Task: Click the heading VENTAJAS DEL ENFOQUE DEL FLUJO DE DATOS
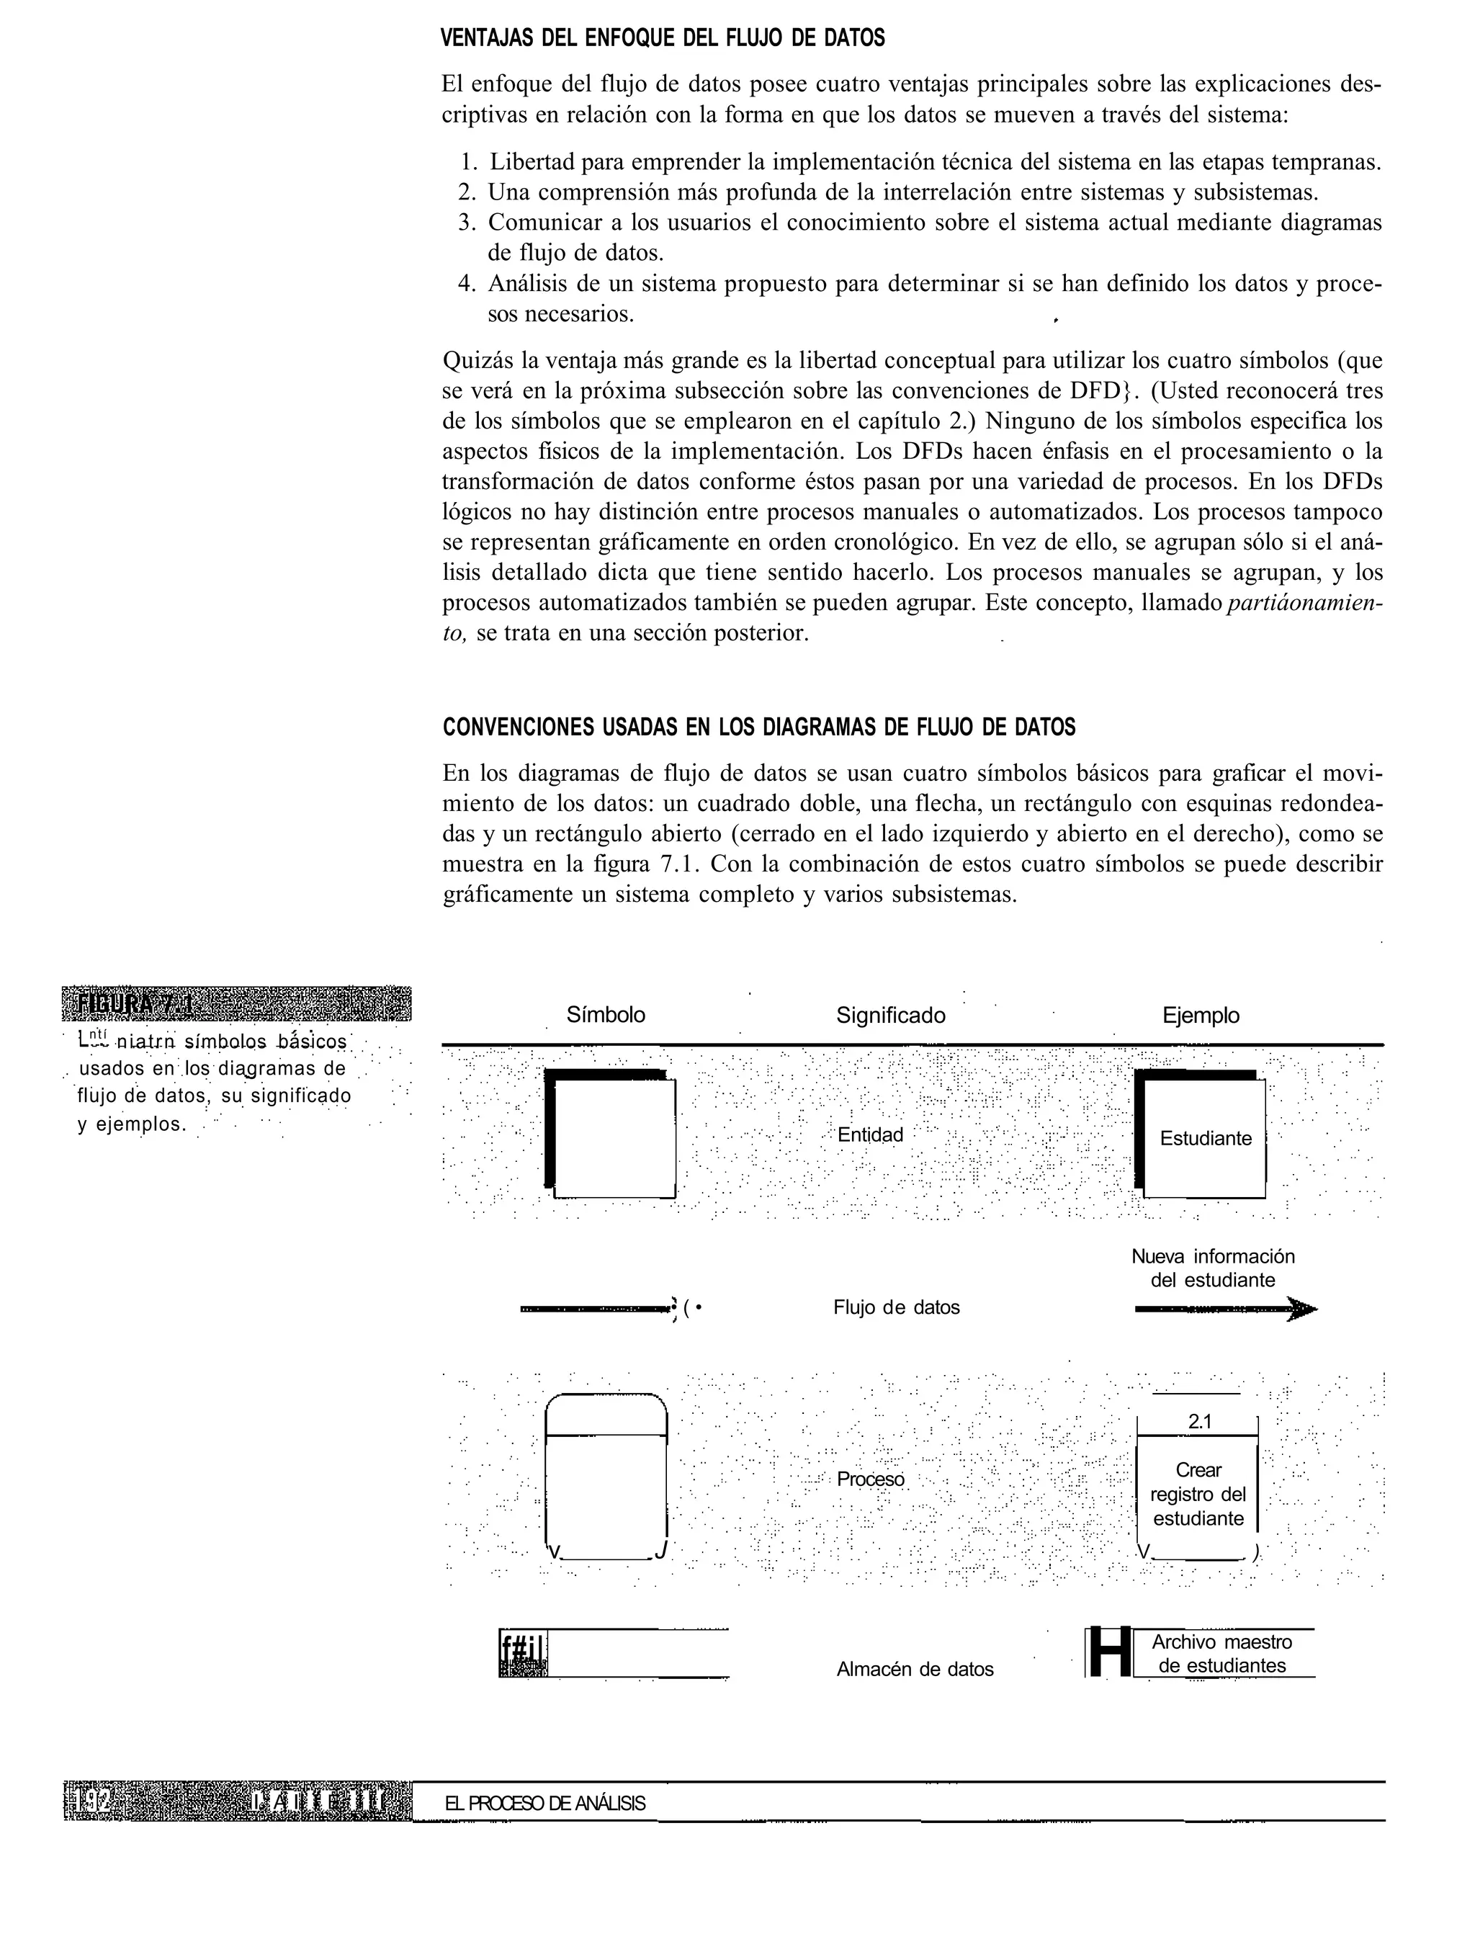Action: pos(662,39)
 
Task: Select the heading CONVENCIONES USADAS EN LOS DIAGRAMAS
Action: pos(758,727)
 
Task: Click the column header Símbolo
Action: pos(606,1015)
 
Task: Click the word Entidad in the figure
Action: pos(870,1134)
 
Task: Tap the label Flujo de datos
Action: pos(897,1307)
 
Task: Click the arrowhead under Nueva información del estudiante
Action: pos(1303,1311)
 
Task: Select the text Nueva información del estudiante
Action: pos(1213,1268)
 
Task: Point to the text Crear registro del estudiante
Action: pos(1198,1494)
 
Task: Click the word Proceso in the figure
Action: pos(870,1479)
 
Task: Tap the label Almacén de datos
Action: pos(915,1668)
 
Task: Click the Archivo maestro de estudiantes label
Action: pos(1221,1654)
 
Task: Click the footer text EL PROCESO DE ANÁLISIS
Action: pos(545,1804)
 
